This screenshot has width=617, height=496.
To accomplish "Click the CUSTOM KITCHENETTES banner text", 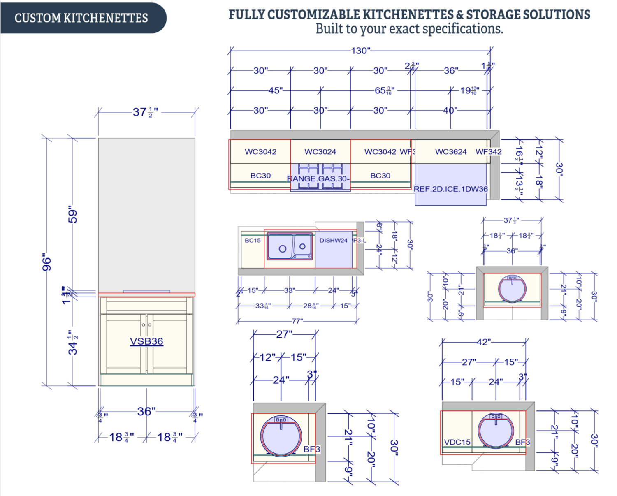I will pyautogui.click(x=81, y=18).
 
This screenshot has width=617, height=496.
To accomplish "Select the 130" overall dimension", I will pyautogui.click(x=360, y=51).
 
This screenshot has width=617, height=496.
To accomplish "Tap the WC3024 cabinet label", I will pyautogui.click(x=320, y=152).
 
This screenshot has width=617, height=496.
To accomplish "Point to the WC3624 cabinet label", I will pyautogui.click(x=451, y=152).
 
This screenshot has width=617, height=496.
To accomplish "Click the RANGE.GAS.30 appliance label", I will pyautogui.click(x=318, y=179).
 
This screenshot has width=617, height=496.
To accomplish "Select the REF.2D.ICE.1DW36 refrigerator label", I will pyautogui.click(x=450, y=189).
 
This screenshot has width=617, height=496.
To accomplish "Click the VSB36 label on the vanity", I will pyautogui.click(x=146, y=341).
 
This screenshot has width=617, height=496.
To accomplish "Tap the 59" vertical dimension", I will pyautogui.click(x=73, y=215).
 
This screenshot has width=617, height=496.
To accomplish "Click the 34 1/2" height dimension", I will pyautogui.click(x=73, y=343).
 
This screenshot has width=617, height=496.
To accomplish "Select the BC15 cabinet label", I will pyautogui.click(x=253, y=241).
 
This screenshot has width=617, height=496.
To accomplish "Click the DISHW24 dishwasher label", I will pyautogui.click(x=333, y=241).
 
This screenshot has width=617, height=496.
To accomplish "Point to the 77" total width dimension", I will pyautogui.click(x=297, y=321).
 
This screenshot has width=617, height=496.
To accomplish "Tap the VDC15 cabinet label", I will pyautogui.click(x=457, y=442).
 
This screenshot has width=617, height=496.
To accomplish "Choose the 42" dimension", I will pyautogui.click(x=484, y=342).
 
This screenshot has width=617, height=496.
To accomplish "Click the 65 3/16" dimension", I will pyautogui.click(x=384, y=90).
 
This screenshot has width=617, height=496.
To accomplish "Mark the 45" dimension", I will pyautogui.click(x=275, y=90).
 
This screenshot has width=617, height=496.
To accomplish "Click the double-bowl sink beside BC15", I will pyautogui.click(x=290, y=246).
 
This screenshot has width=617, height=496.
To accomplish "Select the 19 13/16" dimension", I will pyautogui.click(x=469, y=90).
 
